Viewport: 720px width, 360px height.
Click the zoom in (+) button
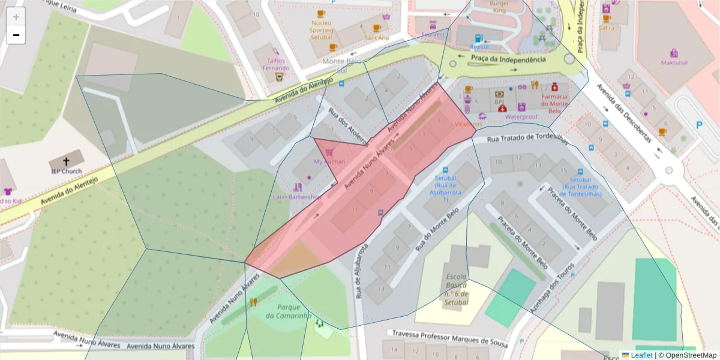point(16,17)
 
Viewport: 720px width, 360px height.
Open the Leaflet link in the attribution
point(641,355)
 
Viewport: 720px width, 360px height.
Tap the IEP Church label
point(66,171)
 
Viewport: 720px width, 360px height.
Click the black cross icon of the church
point(66,161)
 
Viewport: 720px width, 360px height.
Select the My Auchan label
point(329,162)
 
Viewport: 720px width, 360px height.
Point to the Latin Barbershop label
point(297,197)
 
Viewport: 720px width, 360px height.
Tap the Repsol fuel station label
point(479,47)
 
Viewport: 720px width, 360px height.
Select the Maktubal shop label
point(674,62)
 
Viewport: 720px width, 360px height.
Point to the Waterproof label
point(520,117)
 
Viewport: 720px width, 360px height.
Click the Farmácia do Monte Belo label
point(554,103)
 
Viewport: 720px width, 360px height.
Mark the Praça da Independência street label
point(509,59)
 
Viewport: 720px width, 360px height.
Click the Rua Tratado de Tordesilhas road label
point(527,139)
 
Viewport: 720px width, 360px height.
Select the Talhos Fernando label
point(275,64)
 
